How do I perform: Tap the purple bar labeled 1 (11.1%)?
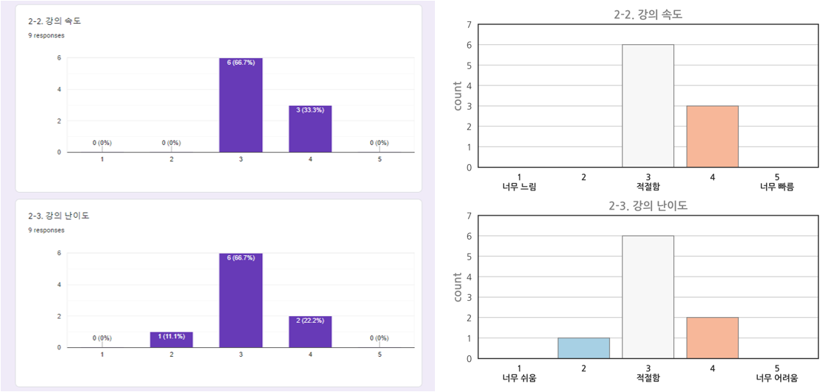point(171,340)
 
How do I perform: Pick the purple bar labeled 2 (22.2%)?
point(311,332)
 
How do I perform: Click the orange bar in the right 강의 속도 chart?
point(712,136)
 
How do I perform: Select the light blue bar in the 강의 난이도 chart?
point(583,348)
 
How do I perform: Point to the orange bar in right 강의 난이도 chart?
point(712,338)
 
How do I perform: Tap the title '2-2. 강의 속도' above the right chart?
point(648,13)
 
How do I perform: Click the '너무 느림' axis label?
point(519,187)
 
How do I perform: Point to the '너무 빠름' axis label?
point(777,187)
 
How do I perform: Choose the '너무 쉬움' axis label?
point(519,378)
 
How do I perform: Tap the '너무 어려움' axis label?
point(777,378)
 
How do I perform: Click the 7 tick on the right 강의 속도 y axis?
point(469,25)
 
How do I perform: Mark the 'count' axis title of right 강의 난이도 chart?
point(458,287)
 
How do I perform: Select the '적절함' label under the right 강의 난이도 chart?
point(648,378)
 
